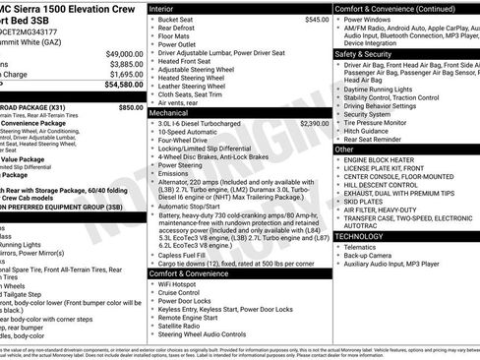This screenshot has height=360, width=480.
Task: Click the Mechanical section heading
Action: [174, 113]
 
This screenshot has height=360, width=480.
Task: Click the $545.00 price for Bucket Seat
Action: [317, 20]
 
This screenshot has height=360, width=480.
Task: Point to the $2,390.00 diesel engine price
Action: [315, 125]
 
